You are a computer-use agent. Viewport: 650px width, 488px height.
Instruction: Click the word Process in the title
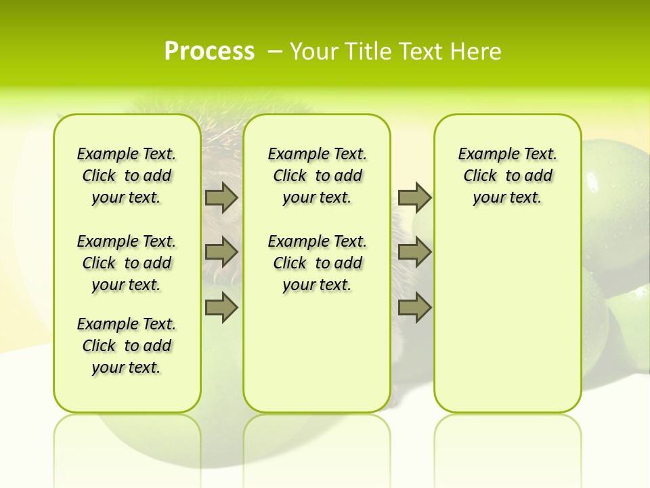[x=209, y=51]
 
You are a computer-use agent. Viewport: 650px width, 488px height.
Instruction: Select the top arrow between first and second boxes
[x=221, y=198]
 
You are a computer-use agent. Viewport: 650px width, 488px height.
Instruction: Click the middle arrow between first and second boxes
[x=221, y=252]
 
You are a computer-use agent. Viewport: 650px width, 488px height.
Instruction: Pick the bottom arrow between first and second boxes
[x=221, y=308]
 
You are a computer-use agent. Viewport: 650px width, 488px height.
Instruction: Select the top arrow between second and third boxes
[x=414, y=198]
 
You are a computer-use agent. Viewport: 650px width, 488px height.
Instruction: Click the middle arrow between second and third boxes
[x=414, y=252]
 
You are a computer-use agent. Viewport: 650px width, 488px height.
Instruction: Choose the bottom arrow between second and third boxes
[x=414, y=308]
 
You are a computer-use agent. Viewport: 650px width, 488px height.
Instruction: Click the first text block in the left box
[x=127, y=176]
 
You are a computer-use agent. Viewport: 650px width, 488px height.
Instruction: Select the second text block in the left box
[x=127, y=263]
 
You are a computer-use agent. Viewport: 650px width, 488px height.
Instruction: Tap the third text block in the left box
[x=127, y=346]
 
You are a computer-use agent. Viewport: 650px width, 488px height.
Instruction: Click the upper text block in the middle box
[x=317, y=176]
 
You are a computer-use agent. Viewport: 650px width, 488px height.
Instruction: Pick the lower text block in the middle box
[x=317, y=263]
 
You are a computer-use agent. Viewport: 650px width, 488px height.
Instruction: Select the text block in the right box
[x=507, y=176]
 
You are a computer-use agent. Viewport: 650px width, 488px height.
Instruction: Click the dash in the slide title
[x=275, y=51]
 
